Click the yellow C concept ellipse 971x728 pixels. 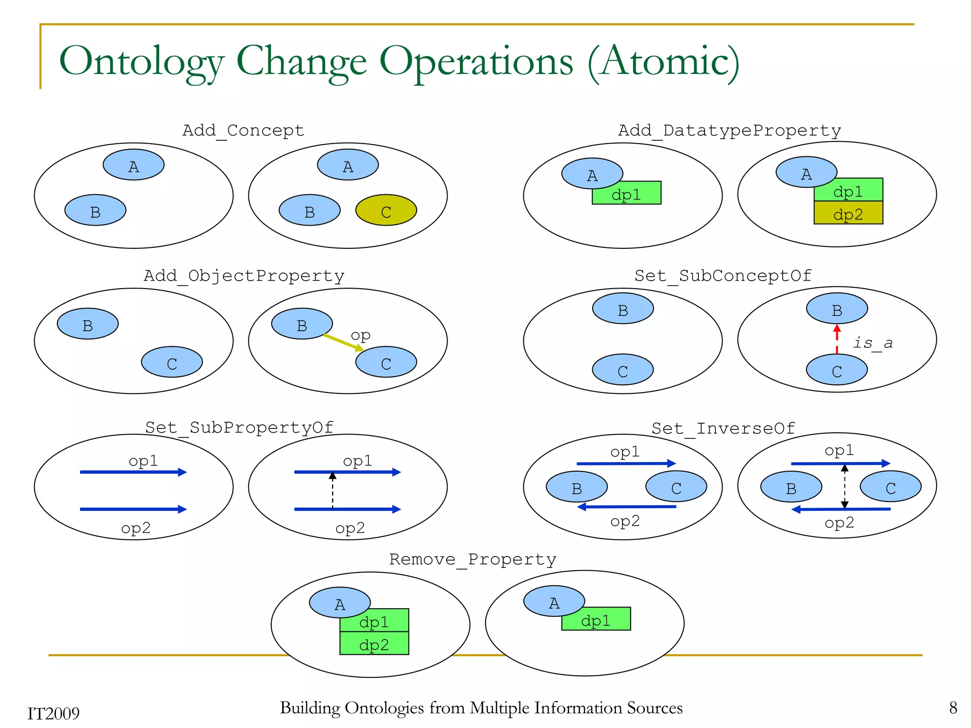pyautogui.click(x=386, y=210)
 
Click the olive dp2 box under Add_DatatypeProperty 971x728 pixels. pyautogui.click(x=848, y=213)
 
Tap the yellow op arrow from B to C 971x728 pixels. pyautogui.click(x=343, y=343)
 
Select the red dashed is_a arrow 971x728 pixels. pyautogui.click(x=837, y=339)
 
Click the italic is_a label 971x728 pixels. pyautogui.click(x=872, y=343)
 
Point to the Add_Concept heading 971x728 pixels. pyautogui.click(x=243, y=130)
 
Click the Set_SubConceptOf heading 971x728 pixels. pyautogui.click(x=723, y=275)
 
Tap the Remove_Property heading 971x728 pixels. pyautogui.click(x=473, y=559)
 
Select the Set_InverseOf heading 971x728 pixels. pyautogui.click(x=723, y=428)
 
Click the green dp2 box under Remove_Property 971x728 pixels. pyautogui.click(x=374, y=644)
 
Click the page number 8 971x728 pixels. pyautogui.click(x=953, y=708)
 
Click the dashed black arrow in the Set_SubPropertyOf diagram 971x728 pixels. pyautogui.click(x=332, y=491)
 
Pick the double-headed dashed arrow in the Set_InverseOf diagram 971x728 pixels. pyautogui.click(x=844, y=486)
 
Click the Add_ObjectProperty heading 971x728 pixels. pyautogui.click(x=244, y=275)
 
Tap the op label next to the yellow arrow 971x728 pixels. pyautogui.click(x=360, y=335)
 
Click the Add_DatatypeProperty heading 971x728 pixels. pyautogui.click(x=729, y=130)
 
